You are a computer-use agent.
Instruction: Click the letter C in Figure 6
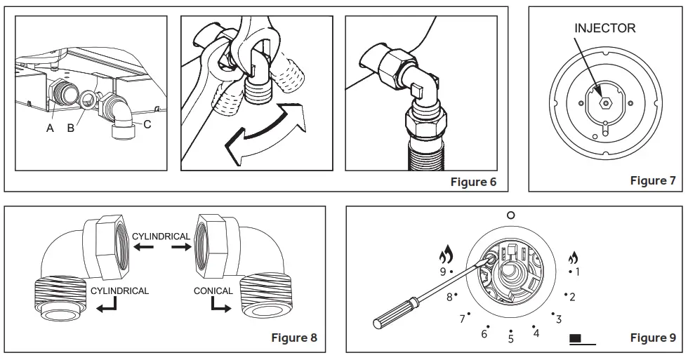(147, 125)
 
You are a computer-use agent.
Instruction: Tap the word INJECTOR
(604, 28)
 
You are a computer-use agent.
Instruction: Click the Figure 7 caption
(652, 181)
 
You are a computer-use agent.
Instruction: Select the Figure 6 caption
(473, 182)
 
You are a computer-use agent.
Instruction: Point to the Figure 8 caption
(293, 338)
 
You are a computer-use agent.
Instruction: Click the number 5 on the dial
(511, 340)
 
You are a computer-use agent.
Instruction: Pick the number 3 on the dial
(559, 320)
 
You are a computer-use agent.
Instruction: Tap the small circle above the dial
(510, 215)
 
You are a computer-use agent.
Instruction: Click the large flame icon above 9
(444, 253)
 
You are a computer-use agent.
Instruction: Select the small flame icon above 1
(573, 257)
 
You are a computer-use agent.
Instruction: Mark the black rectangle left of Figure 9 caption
(576, 338)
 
